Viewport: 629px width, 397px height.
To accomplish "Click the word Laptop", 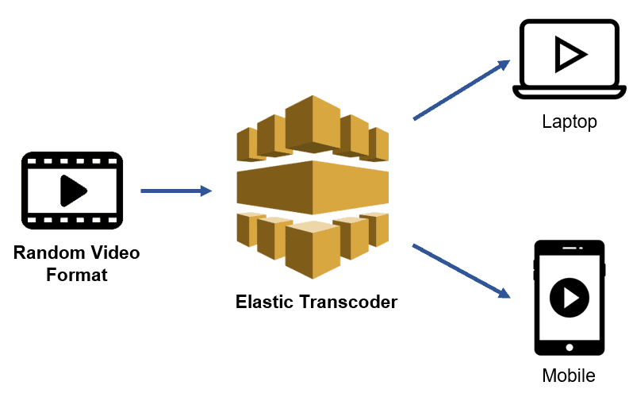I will click(x=569, y=122).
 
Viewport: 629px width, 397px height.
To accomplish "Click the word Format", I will click(x=76, y=276).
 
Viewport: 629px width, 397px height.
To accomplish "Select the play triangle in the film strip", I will click(x=73, y=191).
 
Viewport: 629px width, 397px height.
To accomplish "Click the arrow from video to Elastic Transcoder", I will click(x=176, y=191).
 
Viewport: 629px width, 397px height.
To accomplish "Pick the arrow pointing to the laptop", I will click(x=461, y=90).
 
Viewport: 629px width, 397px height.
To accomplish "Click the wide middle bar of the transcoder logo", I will click(x=313, y=183).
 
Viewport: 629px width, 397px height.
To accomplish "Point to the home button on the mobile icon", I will click(x=569, y=347).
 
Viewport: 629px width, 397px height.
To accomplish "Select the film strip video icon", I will click(x=72, y=191).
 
